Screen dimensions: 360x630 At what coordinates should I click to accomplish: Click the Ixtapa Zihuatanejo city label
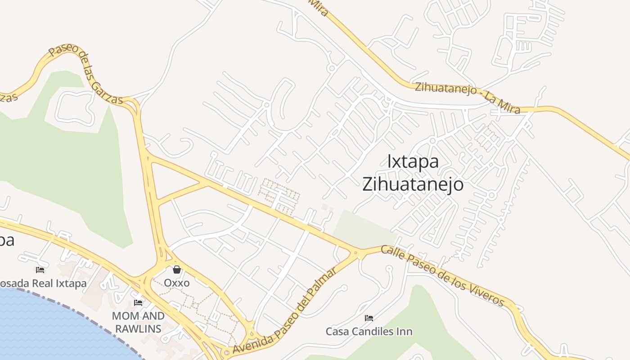(413, 173)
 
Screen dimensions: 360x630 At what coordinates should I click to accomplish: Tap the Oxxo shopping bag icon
(177, 270)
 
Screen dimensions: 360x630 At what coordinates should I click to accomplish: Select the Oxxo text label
(177, 283)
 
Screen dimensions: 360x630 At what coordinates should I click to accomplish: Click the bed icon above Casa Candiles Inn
(369, 318)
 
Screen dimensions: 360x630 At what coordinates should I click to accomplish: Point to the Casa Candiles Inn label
(369, 332)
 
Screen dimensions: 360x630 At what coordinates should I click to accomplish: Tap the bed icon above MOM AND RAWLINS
(138, 303)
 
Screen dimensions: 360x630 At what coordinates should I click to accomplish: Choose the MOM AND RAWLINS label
(138, 322)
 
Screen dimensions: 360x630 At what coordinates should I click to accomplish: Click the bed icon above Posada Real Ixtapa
(40, 270)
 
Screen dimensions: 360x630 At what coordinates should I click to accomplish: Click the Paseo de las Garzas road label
(85, 74)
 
